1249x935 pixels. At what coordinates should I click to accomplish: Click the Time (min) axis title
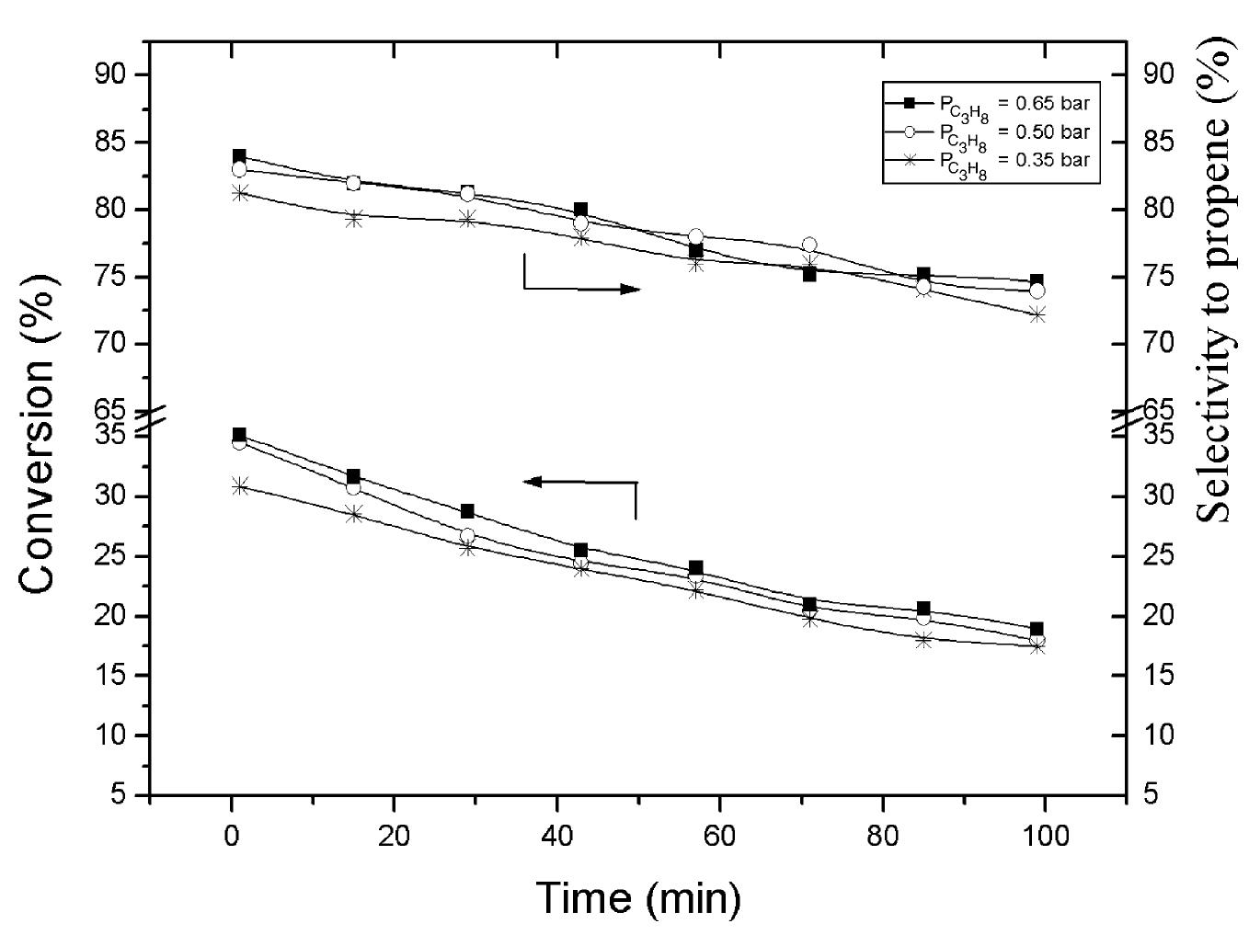(637, 897)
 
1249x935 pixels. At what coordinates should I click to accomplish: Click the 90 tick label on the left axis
(116, 74)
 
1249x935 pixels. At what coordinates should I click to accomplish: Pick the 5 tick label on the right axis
(1151, 794)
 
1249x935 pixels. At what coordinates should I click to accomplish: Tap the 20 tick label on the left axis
(116, 616)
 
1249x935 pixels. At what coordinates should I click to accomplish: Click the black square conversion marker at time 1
(239, 434)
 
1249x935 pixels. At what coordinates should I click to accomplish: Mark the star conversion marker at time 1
(240, 485)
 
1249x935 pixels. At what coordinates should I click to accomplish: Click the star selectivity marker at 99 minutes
(1037, 314)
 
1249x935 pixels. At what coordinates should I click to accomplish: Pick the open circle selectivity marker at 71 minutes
(809, 245)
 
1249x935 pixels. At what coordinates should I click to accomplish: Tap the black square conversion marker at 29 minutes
(467, 511)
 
